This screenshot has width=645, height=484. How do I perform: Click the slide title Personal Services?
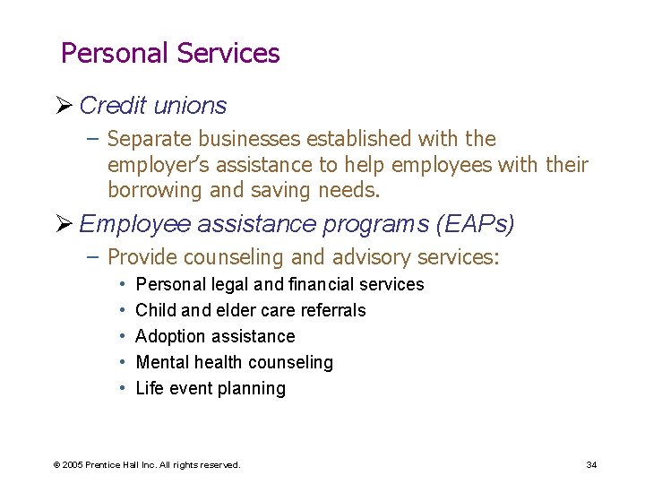point(170,54)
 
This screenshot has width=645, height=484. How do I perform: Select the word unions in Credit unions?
point(190,106)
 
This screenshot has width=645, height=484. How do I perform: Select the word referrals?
point(335,310)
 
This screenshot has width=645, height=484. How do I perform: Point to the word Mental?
point(160,362)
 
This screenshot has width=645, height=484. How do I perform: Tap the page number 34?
point(591,464)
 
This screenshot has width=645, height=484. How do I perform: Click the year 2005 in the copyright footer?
point(72,464)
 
